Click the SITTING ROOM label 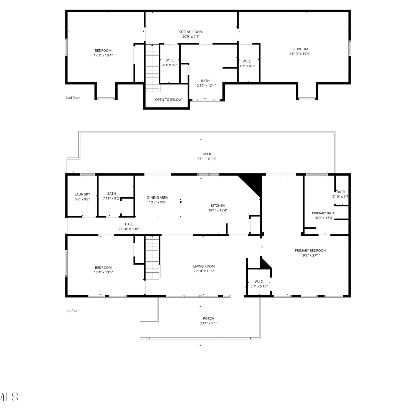[x=191, y=32]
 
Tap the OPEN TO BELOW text [x=168, y=100]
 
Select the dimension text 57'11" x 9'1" [x=207, y=159]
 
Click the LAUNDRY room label [x=82, y=194]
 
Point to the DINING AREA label [x=158, y=197]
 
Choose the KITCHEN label [x=218, y=206]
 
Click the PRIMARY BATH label [x=324, y=213]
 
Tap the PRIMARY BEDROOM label [x=311, y=250]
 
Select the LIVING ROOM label [x=204, y=266]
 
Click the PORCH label [x=209, y=318]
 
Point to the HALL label [x=129, y=224]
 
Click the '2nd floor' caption [x=73, y=98]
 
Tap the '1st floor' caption [x=72, y=311]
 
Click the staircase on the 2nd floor [x=152, y=68]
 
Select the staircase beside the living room [x=152, y=258]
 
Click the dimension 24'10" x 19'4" [x=300, y=54]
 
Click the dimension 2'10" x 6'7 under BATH [x=340, y=197]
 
